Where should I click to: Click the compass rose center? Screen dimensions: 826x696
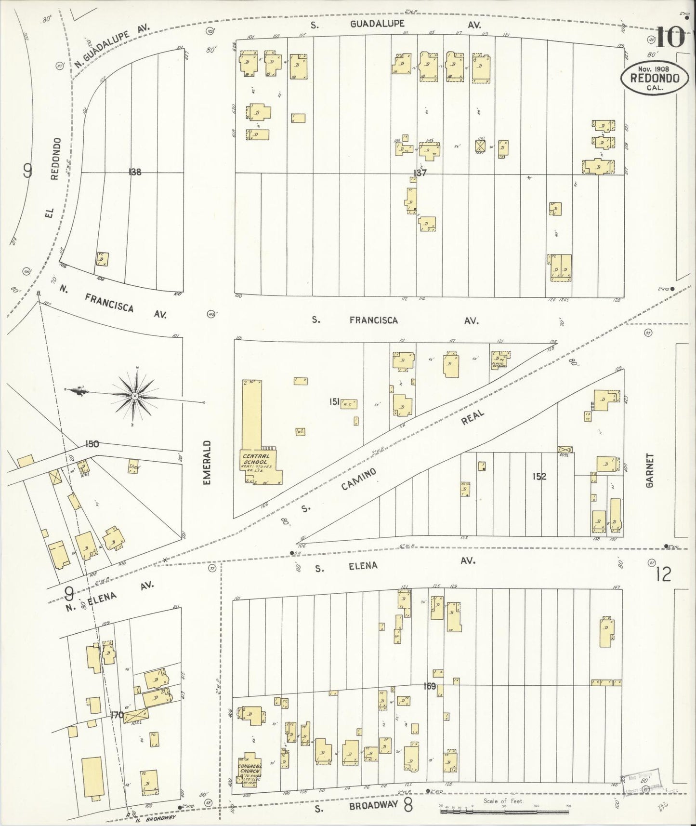(x=135, y=396)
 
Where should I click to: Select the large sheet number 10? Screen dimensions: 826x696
(x=670, y=37)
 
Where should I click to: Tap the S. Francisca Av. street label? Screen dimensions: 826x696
(x=395, y=320)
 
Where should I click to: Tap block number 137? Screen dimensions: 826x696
(x=420, y=173)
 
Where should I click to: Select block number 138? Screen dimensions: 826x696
(x=135, y=171)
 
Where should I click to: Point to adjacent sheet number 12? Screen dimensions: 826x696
(x=663, y=574)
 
